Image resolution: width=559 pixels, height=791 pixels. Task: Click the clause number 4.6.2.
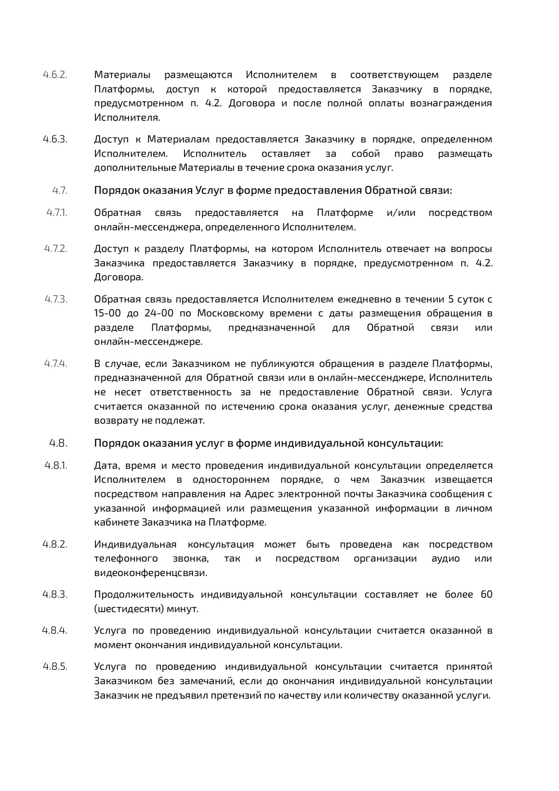click(x=55, y=75)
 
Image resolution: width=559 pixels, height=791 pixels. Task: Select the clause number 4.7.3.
click(x=56, y=299)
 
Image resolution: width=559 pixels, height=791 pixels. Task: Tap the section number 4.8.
click(x=59, y=443)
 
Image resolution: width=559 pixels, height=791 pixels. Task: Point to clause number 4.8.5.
click(x=55, y=666)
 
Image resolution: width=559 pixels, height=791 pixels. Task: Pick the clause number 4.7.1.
click(x=57, y=213)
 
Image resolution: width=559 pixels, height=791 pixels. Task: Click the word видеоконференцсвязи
click(x=150, y=573)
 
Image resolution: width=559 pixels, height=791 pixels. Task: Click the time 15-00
click(x=108, y=313)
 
